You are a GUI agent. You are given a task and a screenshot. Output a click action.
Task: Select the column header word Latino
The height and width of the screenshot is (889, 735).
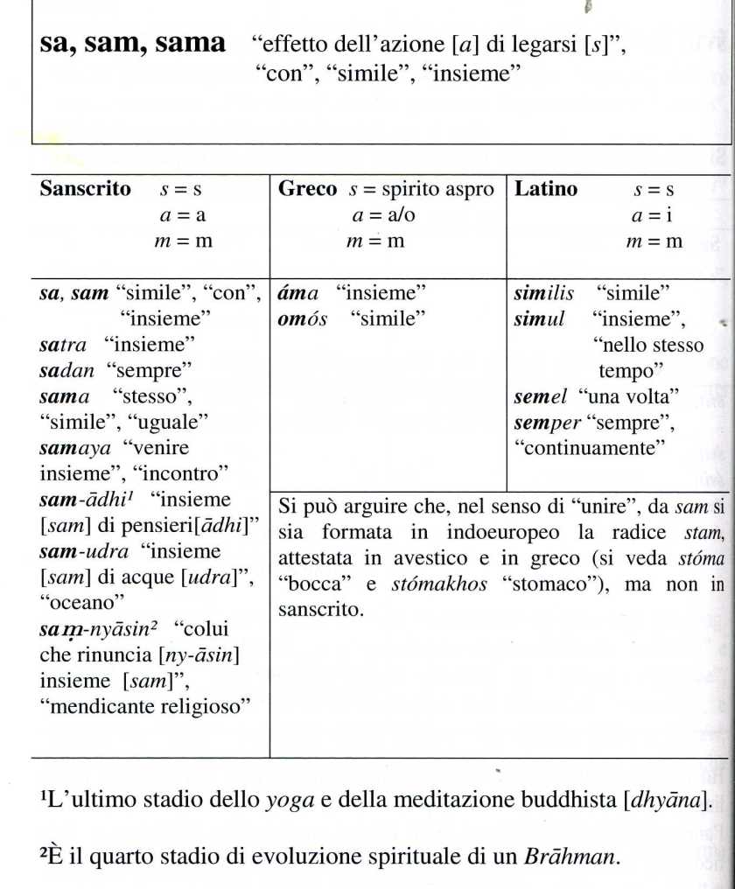(546, 189)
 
